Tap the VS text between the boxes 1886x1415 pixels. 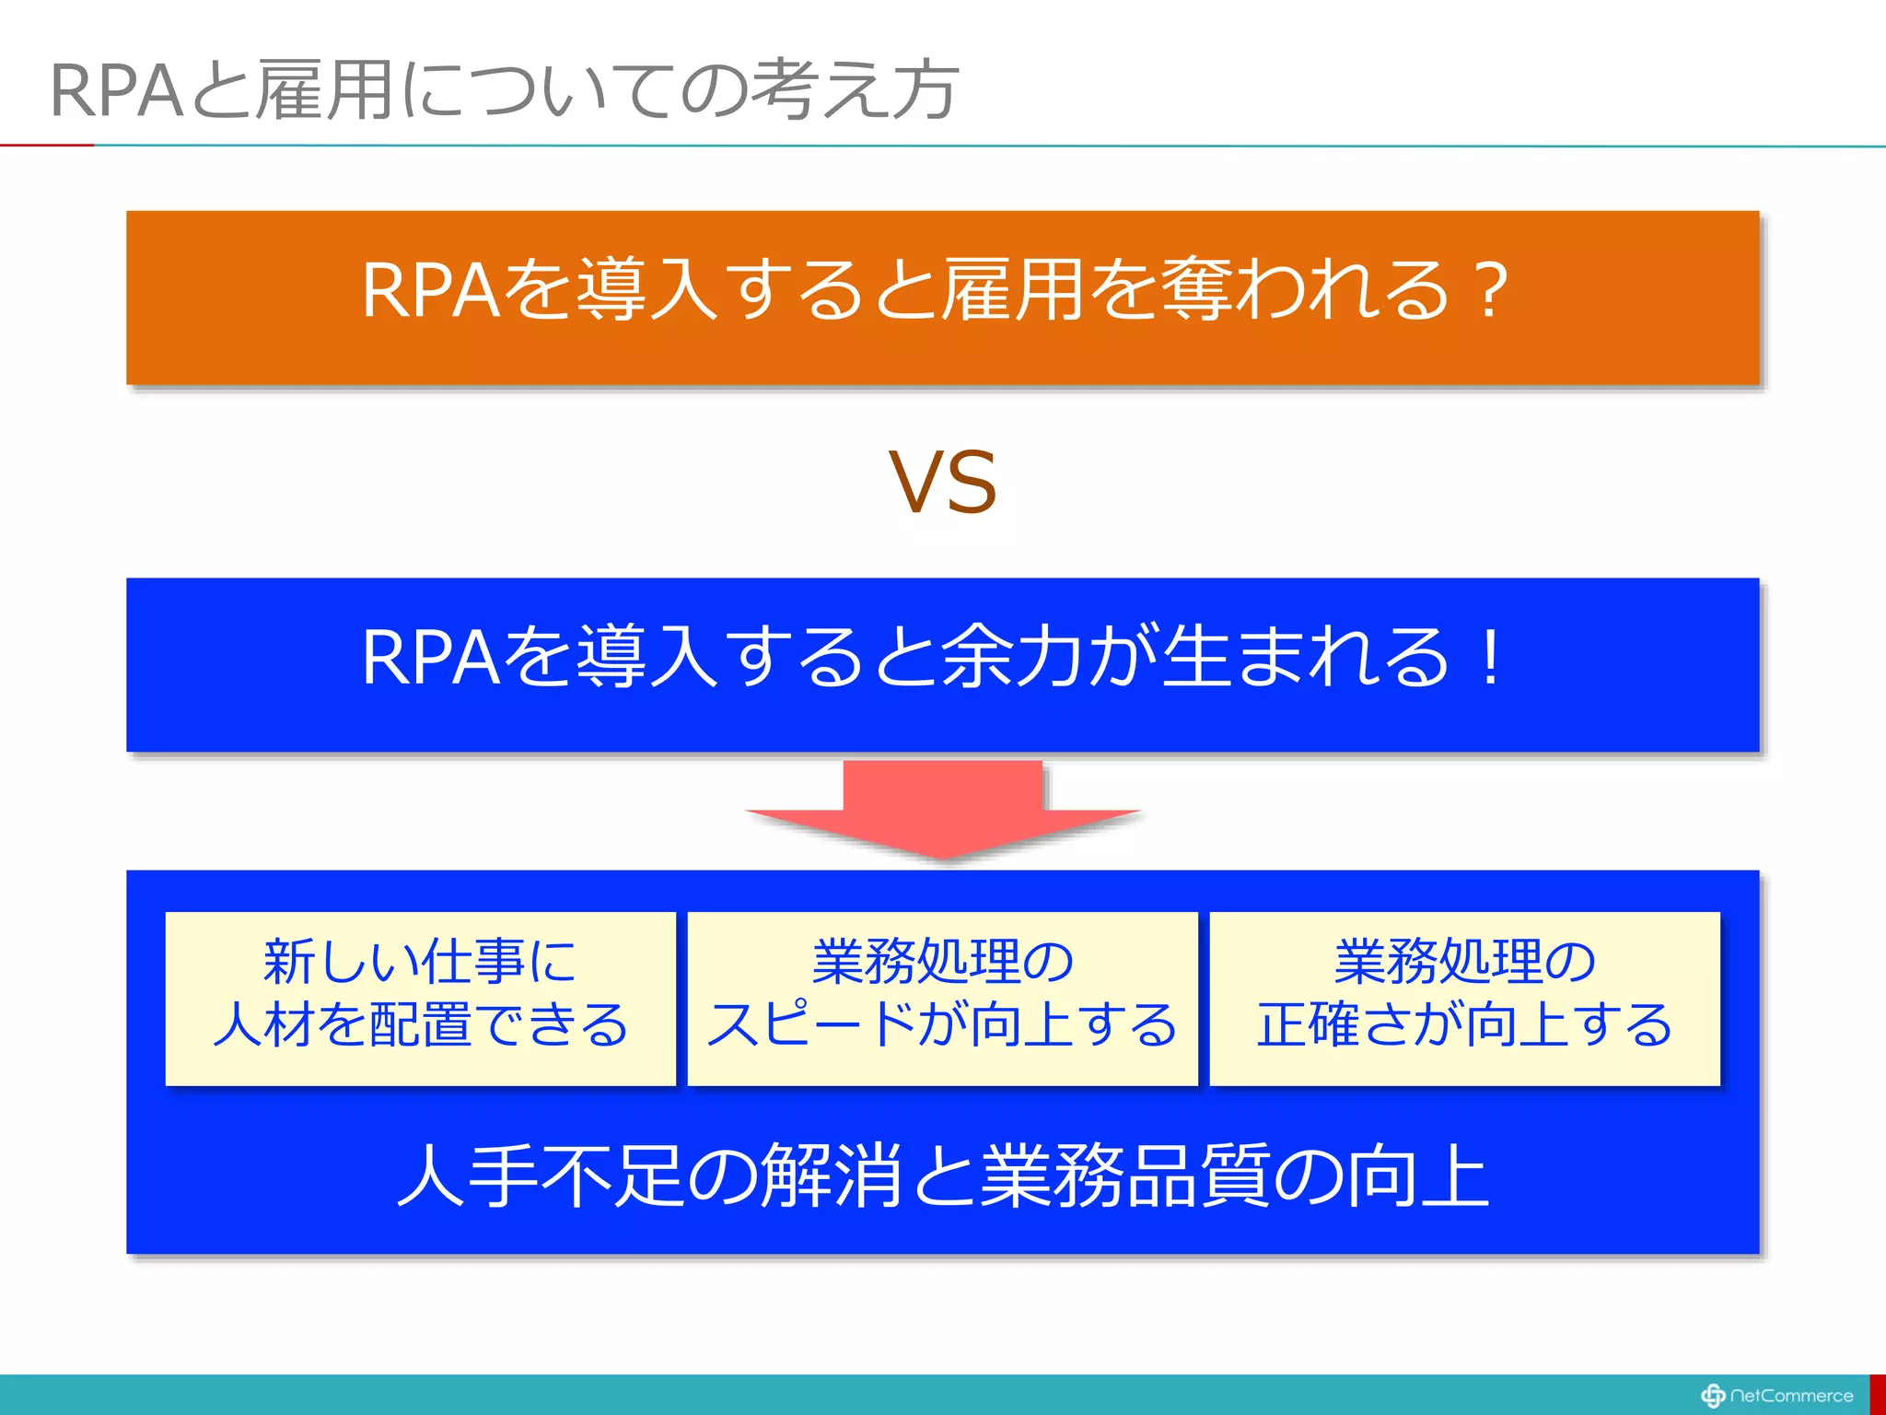[942, 483]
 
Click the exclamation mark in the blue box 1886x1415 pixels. [1488, 658]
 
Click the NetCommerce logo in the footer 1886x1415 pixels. [1776, 1396]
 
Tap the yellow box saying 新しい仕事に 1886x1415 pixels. [420, 999]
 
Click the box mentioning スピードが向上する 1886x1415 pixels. [942, 999]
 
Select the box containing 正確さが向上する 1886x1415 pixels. [1464, 999]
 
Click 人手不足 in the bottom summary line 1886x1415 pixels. [540, 1176]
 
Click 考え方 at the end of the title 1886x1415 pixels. [855, 91]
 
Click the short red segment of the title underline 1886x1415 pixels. [46, 145]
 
